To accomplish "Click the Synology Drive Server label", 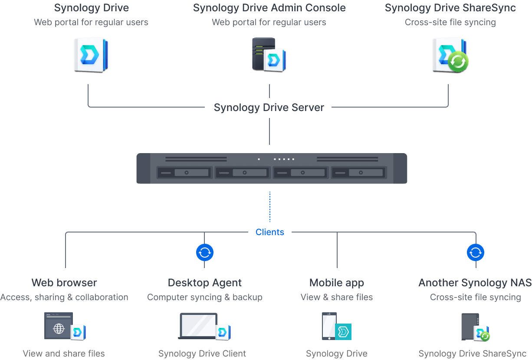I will tap(269, 108).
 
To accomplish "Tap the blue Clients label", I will tap(269, 232).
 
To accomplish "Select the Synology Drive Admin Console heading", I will tap(269, 8).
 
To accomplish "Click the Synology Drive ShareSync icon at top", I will tap(450, 55).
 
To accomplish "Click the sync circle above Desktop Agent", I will tap(205, 252).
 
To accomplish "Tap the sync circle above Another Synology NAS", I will tap(476, 252).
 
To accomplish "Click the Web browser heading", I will tap(64, 283).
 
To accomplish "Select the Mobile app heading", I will tap(337, 283).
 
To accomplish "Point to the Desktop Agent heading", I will tap(205, 283).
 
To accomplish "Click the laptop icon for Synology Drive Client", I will tap(198, 326).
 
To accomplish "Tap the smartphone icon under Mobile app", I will tap(328, 326).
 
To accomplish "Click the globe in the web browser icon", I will tap(59, 328).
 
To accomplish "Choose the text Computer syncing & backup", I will tap(205, 297).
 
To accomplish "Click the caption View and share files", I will tap(64, 353).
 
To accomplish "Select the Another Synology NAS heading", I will tap(475, 283).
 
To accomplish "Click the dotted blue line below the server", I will tap(269, 207).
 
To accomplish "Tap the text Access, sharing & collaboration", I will tap(64, 297).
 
